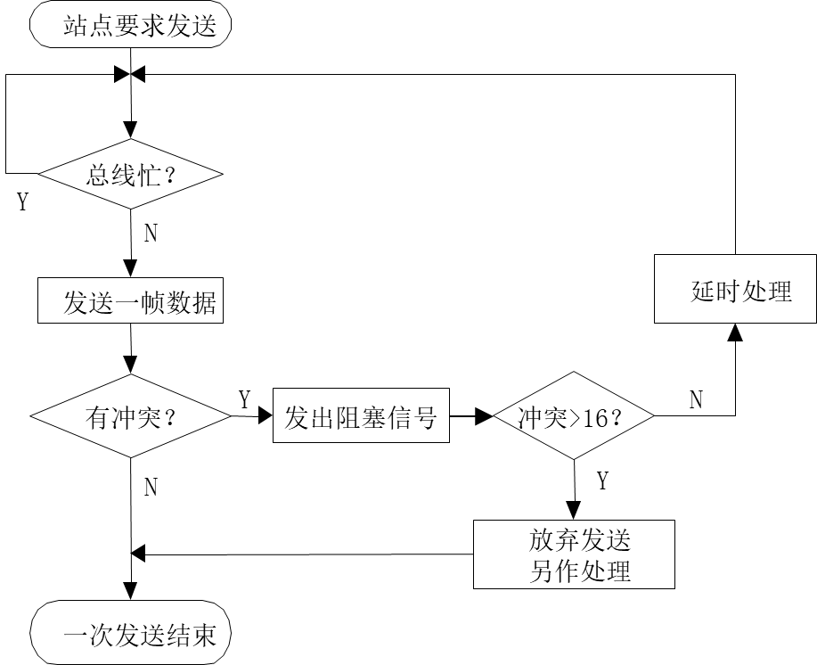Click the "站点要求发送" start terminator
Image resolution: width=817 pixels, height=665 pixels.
(x=131, y=27)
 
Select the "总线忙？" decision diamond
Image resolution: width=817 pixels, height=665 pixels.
(x=131, y=175)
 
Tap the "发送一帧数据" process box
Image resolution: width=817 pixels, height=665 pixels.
(x=131, y=302)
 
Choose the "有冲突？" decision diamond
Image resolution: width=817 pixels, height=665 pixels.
(x=131, y=417)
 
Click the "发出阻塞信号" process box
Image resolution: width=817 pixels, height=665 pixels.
(x=361, y=417)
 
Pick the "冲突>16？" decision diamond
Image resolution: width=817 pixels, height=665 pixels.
(x=573, y=417)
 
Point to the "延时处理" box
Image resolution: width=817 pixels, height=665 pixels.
(x=736, y=290)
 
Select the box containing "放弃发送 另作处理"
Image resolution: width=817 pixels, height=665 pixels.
(x=573, y=554)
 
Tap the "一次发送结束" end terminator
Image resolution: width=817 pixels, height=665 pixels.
(x=131, y=635)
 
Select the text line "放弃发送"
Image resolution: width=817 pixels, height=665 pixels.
(x=579, y=540)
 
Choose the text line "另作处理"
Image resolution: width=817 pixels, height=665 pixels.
(x=579, y=570)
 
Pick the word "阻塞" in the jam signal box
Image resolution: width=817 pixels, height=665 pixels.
(x=361, y=417)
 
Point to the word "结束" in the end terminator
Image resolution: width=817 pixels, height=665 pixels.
(x=191, y=636)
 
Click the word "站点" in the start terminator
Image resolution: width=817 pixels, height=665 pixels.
(x=76, y=27)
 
